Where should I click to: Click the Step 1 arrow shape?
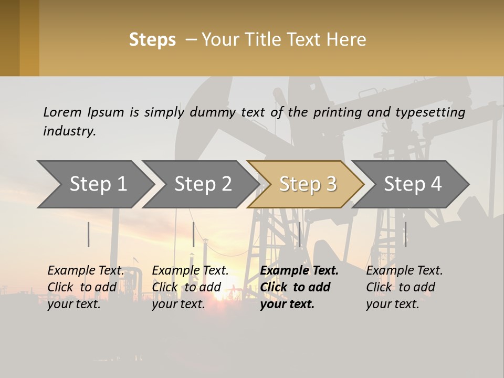[98, 184]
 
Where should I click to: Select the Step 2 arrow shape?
[203, 184]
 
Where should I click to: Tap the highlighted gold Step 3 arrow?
[308, 184]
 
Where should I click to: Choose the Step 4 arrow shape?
[413, 184]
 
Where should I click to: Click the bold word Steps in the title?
[152, 40]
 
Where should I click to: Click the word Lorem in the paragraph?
[62, 112]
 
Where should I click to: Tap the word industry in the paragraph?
[69, 131]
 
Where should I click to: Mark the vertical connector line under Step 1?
[89, 234]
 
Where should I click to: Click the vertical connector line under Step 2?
[194, 234]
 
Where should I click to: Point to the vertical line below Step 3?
[299, 234]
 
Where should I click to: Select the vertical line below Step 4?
[405, 234]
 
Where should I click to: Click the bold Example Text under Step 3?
[299, 271]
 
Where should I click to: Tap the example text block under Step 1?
[86, 287]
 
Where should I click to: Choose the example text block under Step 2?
[190, 287]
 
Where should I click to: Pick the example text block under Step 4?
[404, 287]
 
